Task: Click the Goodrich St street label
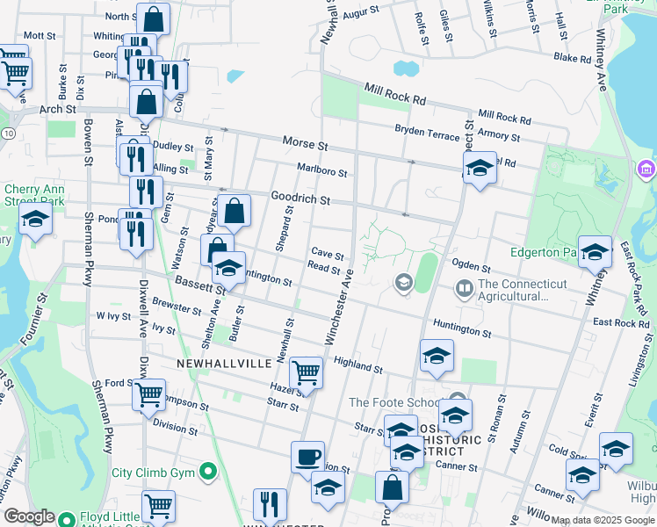coord(300,199)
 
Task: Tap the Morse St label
coord(305,142)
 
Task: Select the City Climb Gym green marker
coord(208,473)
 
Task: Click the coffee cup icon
coord(307,458)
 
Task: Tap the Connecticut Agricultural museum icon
coord(463,287)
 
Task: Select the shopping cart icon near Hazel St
coord(306,372)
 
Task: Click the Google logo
coord(30,516)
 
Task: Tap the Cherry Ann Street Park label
coord(34,194)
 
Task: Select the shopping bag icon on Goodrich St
coord(235,210)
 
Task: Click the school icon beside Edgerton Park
coord(595,252)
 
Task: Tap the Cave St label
coord(327,253)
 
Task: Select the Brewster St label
coord(177,307)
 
